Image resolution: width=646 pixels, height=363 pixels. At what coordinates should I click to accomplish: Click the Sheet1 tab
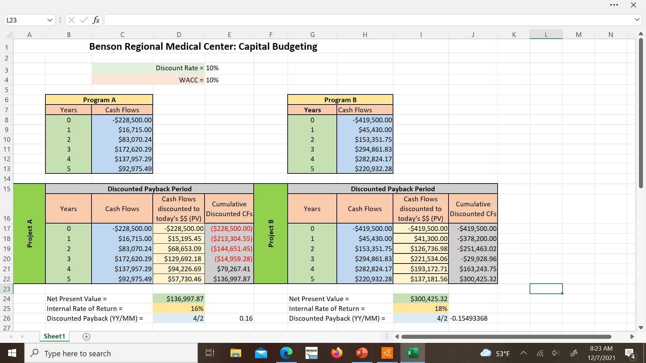[54, 336]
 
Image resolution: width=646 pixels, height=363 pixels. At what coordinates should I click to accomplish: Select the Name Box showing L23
[26, 20]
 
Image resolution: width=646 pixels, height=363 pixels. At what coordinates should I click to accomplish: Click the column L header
[546, 35]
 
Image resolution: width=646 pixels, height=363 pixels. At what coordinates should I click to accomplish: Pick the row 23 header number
[7, 289]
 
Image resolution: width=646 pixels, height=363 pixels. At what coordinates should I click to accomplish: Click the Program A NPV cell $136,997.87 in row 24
[179, 299]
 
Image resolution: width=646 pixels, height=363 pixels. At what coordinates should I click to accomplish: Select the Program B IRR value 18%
[421, 309]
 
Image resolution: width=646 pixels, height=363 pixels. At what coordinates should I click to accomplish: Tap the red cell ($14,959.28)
[229, 259]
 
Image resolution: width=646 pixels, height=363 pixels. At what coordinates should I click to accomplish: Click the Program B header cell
[340, 100]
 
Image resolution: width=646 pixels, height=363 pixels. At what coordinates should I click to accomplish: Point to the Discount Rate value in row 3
[212, 68]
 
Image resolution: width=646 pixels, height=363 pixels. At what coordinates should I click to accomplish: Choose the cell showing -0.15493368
[469, 318]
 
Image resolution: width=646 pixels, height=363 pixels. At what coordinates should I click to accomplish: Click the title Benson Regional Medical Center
[203, 46]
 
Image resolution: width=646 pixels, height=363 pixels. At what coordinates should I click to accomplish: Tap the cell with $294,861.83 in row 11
[365, 149]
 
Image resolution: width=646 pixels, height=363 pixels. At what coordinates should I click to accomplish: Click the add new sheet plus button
[86, 337]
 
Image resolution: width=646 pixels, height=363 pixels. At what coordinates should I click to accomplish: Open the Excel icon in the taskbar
[412, 353]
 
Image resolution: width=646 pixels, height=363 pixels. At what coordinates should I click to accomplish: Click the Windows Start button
[12, 353]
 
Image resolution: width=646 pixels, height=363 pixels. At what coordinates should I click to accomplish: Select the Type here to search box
[111, 353]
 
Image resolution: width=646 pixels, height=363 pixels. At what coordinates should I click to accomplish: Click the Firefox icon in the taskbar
[336, 353]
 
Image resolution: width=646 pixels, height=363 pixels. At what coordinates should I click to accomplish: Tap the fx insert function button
[96, 20]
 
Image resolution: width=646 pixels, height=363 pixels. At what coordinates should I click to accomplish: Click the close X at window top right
[634, 5]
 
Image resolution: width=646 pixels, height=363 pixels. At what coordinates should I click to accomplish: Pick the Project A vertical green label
[30, 234]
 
